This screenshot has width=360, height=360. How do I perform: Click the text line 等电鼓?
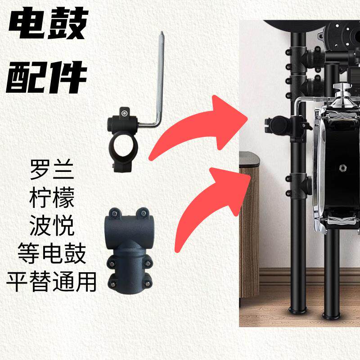[x=51, y=254]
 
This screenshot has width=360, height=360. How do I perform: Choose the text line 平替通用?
[x=51, y=282]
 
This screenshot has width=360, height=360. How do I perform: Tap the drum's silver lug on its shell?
[x=343, y=168]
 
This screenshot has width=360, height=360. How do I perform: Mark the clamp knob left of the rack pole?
[x=275, y=125]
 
